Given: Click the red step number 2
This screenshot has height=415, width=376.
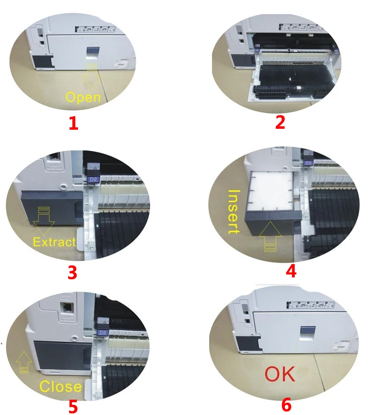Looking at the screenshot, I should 280,122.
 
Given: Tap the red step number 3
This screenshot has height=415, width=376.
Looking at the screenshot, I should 72,273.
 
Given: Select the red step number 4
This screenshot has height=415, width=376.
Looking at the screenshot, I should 291,271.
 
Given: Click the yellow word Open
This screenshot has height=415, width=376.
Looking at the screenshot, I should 83,97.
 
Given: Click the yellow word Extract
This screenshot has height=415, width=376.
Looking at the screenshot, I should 54,242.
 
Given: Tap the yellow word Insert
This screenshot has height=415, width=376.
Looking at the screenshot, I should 234,211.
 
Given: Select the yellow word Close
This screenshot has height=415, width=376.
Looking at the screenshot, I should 60,386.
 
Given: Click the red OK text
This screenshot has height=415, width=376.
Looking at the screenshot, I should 280,374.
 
